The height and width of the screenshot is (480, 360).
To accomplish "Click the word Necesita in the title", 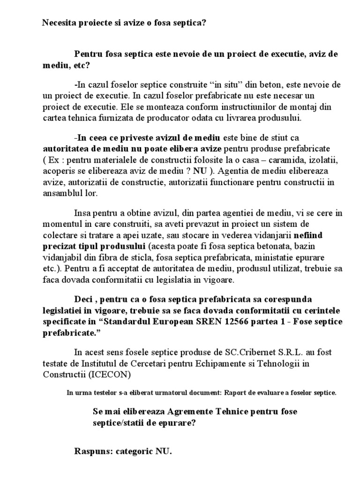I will (x=58, y=22).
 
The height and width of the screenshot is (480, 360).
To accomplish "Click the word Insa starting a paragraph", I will (x=83, y=213).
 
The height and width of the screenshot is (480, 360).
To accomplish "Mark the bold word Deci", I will (x=85, y=299).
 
